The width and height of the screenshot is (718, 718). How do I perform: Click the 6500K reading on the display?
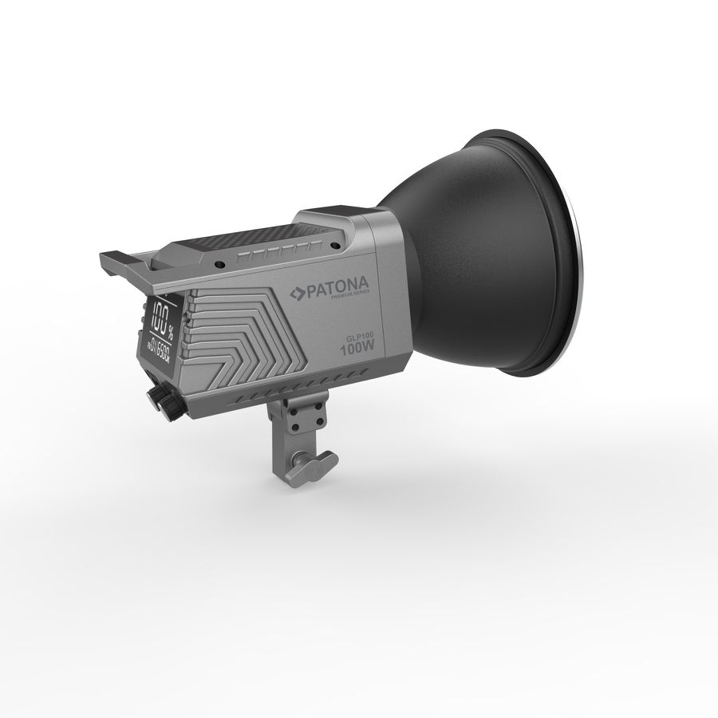pyautogui.click(x=160, y=346)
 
